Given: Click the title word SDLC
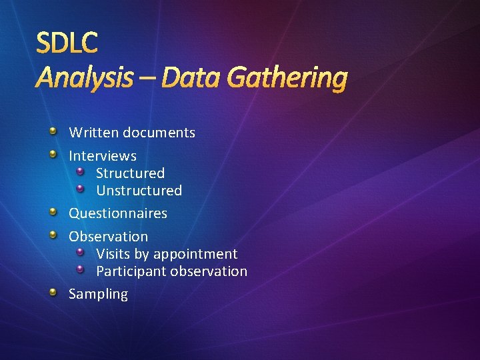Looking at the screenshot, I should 67,43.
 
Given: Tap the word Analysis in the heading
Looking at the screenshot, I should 84,79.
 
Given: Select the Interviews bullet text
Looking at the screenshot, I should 103,156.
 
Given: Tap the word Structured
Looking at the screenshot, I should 130,173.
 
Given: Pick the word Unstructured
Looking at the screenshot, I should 139,191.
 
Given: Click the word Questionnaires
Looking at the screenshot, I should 118,213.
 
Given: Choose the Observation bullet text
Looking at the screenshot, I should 108,237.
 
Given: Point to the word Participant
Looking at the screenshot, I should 131,271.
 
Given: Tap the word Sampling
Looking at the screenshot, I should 98,294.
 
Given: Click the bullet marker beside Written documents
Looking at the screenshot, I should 55,131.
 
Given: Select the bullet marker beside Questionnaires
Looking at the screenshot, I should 55,212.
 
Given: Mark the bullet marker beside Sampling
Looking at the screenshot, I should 55,292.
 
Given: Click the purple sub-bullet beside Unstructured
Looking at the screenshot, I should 81,189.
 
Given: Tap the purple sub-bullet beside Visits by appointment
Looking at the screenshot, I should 81,253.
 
